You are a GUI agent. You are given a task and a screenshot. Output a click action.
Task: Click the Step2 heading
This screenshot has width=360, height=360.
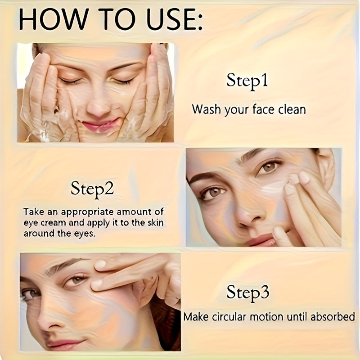[92, 189]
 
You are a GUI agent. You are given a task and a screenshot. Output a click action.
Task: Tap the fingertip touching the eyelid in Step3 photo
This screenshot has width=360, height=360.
[96, 285]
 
